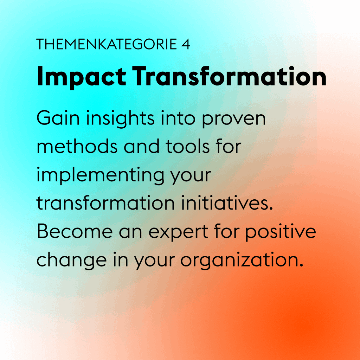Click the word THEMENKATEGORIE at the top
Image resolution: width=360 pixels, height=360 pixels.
[x=107, y=44]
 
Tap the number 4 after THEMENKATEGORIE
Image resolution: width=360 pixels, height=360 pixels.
[x=186, y=44]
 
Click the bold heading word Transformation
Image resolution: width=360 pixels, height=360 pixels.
[x=229, y=76]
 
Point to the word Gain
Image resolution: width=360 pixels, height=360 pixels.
[x=58, y=118]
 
